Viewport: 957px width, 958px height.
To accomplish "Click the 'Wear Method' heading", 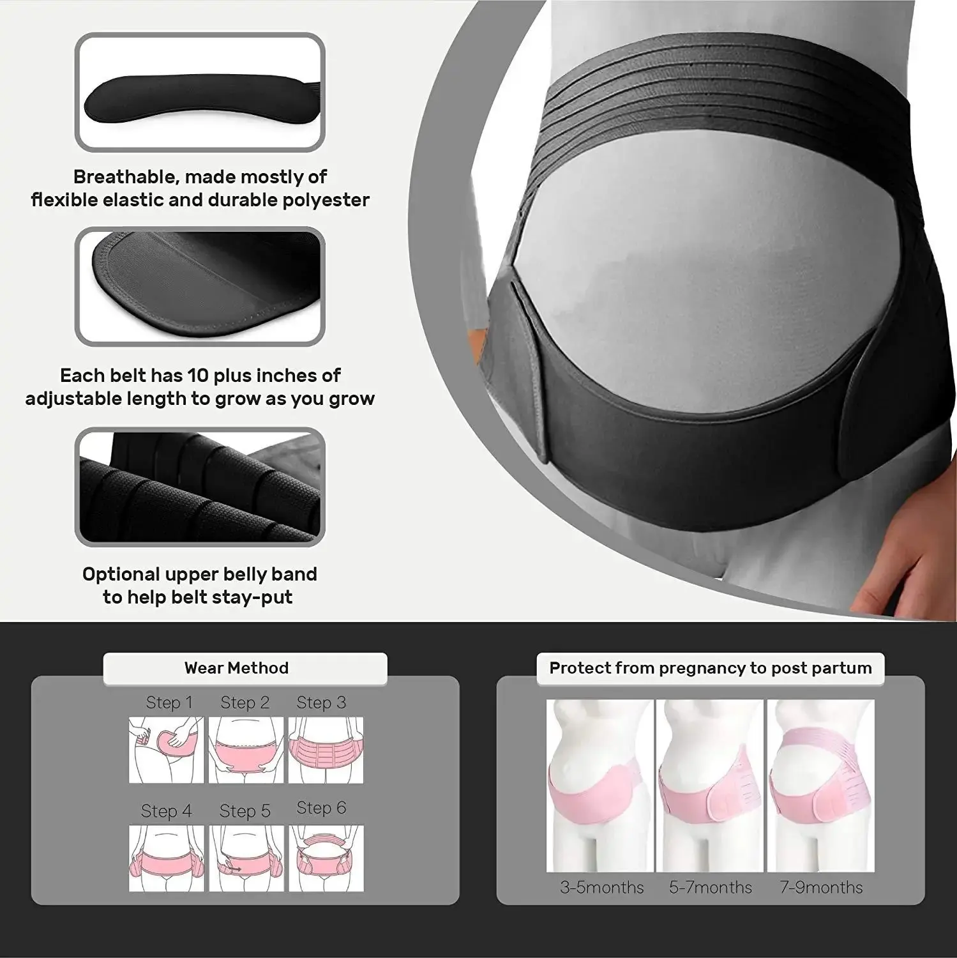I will point(236,668).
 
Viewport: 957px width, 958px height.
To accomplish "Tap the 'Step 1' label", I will point(169,703).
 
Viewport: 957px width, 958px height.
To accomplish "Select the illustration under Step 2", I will point(246,750).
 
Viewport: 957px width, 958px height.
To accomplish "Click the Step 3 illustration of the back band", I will point(326,750).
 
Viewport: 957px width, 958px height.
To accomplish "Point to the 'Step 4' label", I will point(166,811).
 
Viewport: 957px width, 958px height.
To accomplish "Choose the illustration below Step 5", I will point(246,858).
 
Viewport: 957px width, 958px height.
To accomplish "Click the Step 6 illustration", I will point(326,858).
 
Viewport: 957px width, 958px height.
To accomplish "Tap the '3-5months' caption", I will point(601,887).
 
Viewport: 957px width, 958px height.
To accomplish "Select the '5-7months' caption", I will point(710,887).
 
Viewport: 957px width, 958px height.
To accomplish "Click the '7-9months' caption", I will point(820,887).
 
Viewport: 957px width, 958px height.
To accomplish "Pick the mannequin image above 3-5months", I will point(600,786).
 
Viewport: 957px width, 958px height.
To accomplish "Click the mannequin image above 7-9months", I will point(820,786).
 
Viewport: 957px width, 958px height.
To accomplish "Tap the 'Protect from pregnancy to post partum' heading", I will point(710,668).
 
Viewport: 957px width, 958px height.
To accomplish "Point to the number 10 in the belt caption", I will point(198,375).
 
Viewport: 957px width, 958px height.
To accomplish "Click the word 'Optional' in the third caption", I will point(121,574).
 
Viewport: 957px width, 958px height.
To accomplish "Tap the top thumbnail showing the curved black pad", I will point(200,93).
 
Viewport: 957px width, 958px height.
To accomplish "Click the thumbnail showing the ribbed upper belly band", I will point(200,487).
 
